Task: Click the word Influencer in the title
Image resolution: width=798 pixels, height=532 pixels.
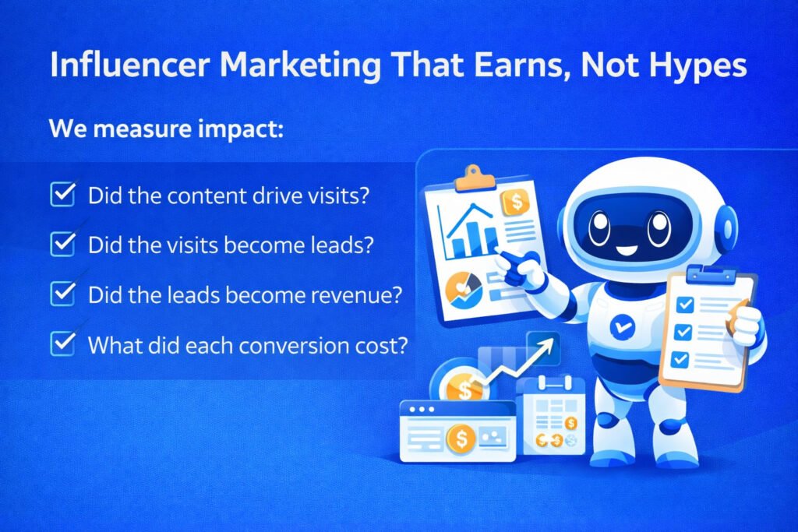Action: click(130, 65)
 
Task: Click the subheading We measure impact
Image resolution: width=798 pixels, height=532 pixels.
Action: click(166, 129)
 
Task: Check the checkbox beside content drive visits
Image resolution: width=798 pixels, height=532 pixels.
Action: click(63, 194)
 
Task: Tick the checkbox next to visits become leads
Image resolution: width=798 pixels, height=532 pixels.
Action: click(63, 244)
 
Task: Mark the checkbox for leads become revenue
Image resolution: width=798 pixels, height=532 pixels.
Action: click(63, 294)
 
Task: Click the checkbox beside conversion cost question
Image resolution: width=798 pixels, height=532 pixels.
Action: click(63, 344)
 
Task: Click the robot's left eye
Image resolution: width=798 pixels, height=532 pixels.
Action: click(599, 227)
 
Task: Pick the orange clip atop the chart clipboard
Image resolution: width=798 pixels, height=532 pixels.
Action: click(475, 178)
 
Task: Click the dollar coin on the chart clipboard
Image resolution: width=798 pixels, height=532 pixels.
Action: click(516, 203)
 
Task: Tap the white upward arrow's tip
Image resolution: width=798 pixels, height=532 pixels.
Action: click(553, 341)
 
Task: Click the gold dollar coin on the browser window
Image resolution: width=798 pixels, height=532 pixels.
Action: click(461, 439)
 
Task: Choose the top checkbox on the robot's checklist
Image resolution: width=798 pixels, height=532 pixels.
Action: click(685, 305)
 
